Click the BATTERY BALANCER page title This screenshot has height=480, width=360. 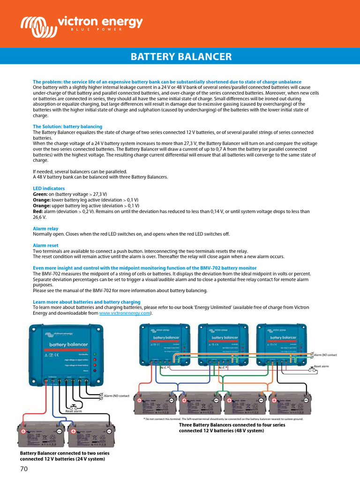(181, 57)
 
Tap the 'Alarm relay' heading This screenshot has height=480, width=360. (45, 229)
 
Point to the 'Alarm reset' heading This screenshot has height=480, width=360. (45, 245)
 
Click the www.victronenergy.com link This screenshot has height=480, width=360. (124, 313)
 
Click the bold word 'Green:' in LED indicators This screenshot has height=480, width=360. (40, 194)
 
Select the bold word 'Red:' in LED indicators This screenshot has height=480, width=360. (38, 211)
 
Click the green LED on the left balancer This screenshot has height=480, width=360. (95, 354)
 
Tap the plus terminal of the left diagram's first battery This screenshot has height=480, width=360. (23, 431)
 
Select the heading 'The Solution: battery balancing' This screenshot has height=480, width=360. (67, 127)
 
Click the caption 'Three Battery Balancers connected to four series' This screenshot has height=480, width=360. (232, 425)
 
